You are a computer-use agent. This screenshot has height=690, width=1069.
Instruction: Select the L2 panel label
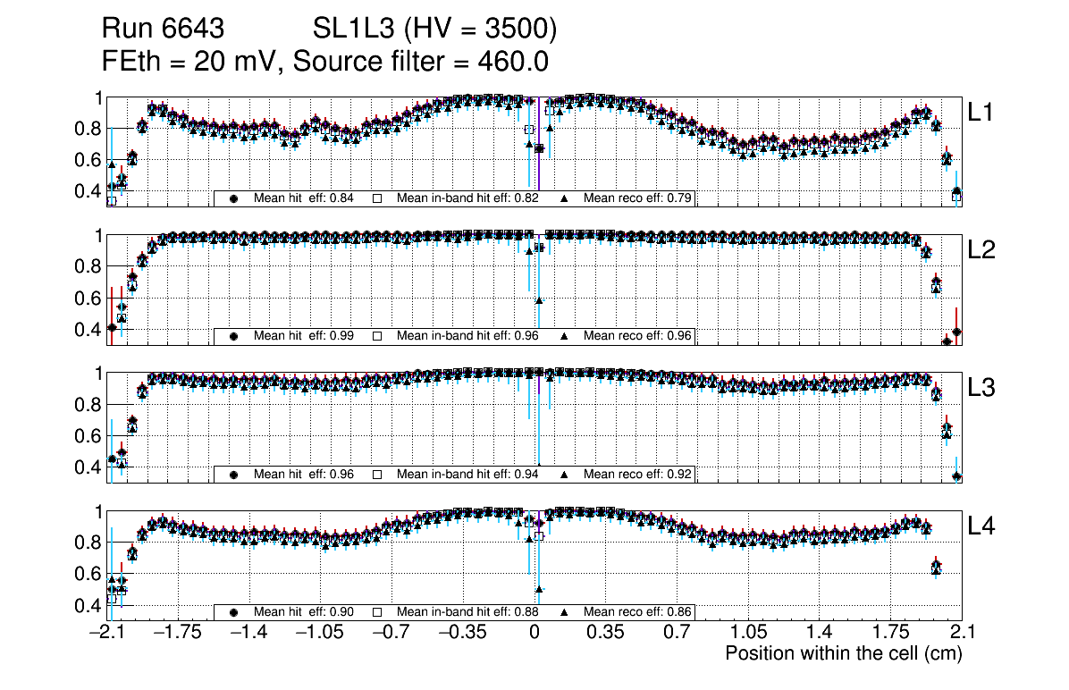981,250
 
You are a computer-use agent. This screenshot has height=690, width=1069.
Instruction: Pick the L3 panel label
981,388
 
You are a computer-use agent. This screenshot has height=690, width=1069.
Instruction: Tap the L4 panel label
981,526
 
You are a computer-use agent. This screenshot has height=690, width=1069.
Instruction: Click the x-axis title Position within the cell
843,653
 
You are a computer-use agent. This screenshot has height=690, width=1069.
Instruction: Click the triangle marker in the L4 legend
565,612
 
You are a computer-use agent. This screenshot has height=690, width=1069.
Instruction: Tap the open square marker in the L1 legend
378,198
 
